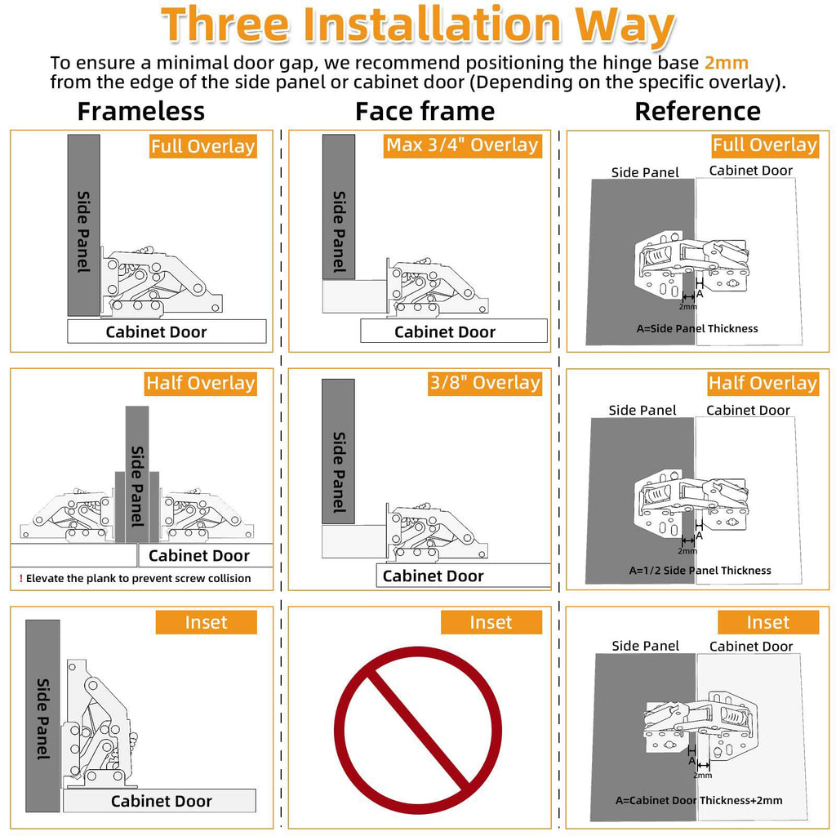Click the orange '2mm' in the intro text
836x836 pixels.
click(x=726, y=63)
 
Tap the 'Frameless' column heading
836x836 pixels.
click(x=140, y=111)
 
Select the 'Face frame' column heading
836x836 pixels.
click(x=425, y=111)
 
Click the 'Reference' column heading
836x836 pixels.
click(x=697, y=111)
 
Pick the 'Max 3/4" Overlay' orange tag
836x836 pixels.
click(x=462, y=145)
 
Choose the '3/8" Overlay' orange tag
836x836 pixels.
click(x=485, y=383)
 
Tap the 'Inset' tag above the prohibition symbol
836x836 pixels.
click(x=491, y=622)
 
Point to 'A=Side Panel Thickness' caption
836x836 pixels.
click(x=697, y=328)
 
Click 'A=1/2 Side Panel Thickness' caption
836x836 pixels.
click(x=700, y=571)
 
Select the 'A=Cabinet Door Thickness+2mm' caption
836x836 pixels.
click(x=699, y=800)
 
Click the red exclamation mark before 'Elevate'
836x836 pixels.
click(x=21, y=579)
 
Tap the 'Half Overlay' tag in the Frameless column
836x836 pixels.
click(x=201, y=384)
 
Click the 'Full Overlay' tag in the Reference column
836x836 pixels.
click(x=764, y=145)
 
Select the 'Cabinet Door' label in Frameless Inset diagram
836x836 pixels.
click(x=161, y=801)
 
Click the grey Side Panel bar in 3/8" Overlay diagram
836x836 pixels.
click(x=338, y=451)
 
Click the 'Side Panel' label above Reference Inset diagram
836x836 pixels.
click(x=645, y=647)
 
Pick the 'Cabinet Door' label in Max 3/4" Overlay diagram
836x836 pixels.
click(x=445, y=332)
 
